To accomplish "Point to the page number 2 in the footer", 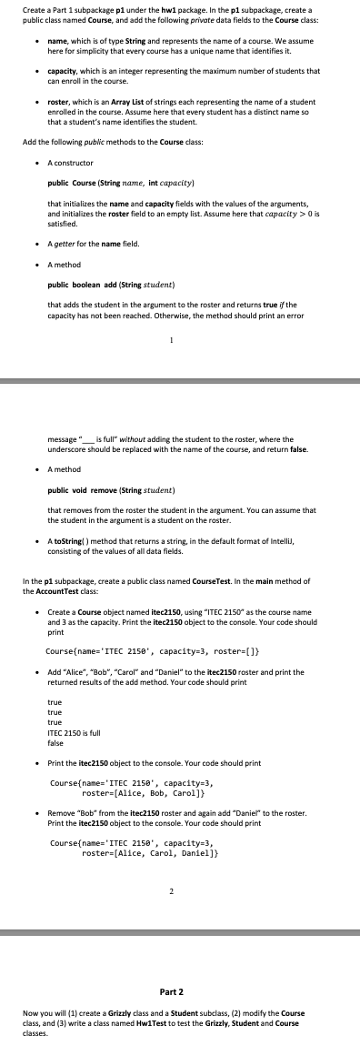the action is coord(171,865).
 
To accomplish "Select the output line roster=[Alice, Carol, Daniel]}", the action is coord(143,829).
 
